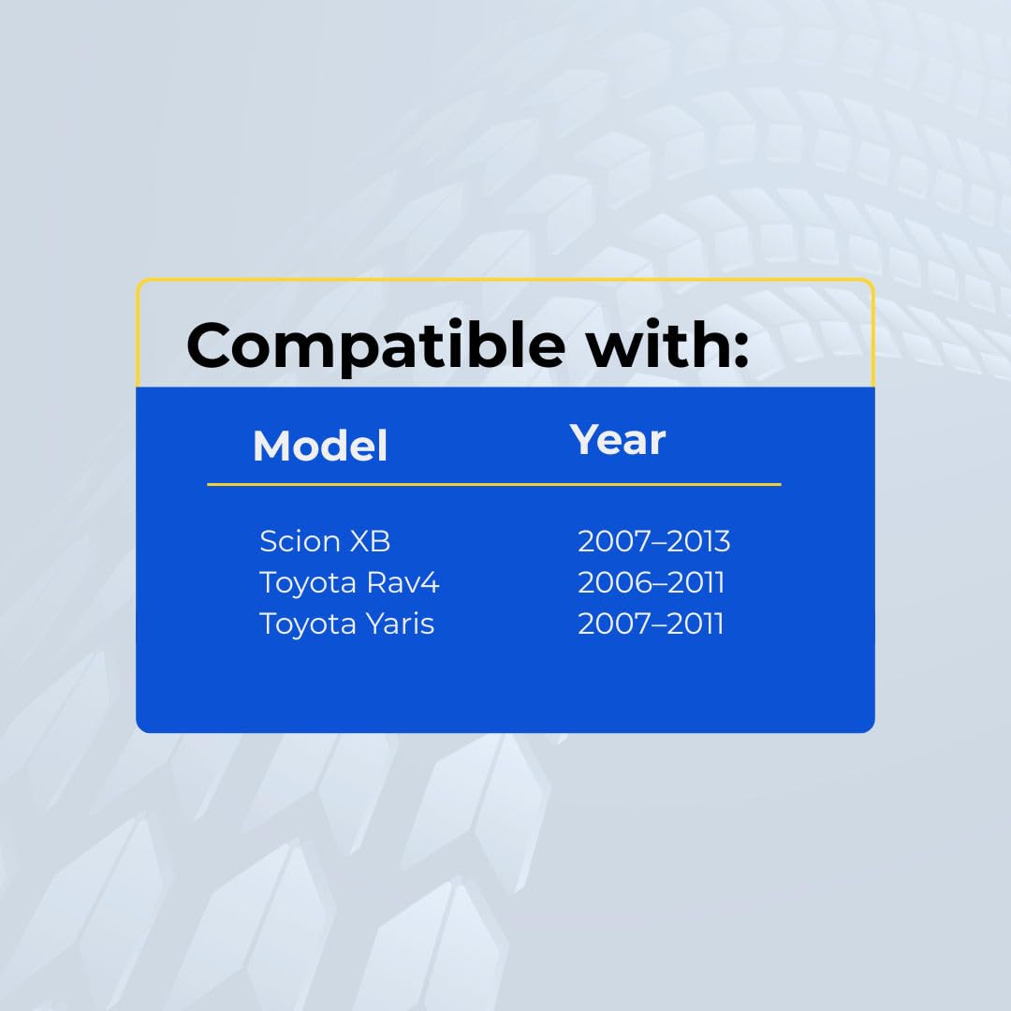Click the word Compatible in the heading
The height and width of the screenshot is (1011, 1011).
point(376,346)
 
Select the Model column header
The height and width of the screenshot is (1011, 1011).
point(320,446)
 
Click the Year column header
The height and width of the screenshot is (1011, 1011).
point(618,440)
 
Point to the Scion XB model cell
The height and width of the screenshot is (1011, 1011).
point(325,541)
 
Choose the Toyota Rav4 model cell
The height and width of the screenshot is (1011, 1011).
point(349,582)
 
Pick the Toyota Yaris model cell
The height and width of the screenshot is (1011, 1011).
point(347,624)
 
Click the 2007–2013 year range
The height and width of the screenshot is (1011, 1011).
point(653,541)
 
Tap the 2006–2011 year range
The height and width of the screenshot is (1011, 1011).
point(652,582)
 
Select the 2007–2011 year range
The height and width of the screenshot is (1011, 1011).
point(651,623)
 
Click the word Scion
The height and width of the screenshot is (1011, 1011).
point(300,541)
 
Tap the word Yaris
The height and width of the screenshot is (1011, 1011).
point(401,624)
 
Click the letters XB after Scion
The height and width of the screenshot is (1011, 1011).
point(370,541)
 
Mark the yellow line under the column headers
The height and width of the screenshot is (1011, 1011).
point(494,484)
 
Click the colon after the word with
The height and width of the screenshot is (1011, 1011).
point(740,351)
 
